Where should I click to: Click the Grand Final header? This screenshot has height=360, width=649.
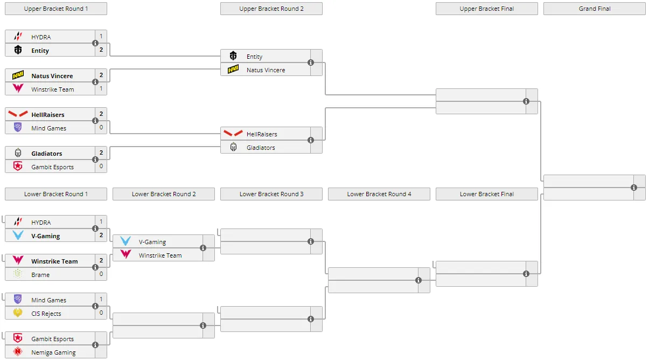pyautogui.click(x=594, y=9)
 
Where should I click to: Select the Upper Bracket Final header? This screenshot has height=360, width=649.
pyautogui.click(x=487, y=9)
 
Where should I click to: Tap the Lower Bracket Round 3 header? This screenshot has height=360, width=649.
pyautogui.click(x=271, y=194)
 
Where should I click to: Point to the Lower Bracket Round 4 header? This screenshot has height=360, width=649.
pyautogui.click(x=379, y=194)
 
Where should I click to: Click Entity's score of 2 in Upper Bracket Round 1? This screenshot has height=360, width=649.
pyautogui.click(x=101, y=50)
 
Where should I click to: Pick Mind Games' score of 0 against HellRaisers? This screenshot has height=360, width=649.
pyautogui.click(x=101, y=127)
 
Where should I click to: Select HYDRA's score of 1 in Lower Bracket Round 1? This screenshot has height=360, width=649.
pyautogui.click(x=101, y=221)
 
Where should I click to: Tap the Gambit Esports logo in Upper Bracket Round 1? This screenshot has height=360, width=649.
pyautogui.click(x=18, y=167)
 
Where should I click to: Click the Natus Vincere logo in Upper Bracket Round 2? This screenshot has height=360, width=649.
pyautogui.click(x=233, y=70)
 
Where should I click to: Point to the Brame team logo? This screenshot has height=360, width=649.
pyautogui.click(x=18, y=274)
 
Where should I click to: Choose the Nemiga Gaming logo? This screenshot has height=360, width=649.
pyautogui.click(x=18, y=351)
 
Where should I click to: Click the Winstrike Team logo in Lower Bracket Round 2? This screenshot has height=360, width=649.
pyautogui.click(x=125, y=254)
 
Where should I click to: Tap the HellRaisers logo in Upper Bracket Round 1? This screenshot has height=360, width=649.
pyautogui.click(x=18, y=114)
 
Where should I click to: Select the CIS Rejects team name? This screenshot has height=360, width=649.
pyautogui.click(x=46, y=314)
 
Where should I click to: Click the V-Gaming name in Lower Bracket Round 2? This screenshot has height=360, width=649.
pyautogui.click(x=152, y=242)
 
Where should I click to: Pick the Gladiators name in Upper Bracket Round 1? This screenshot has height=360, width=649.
pyautogui.click(x=47, y=154)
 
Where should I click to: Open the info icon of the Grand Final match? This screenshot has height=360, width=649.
pyautogui.click(x=634, y=188)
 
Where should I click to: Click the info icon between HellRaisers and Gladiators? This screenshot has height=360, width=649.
pyautogui.click(x=311, y=140)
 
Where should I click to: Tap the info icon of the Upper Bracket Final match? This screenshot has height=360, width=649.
pyautogui.click(x=526, y=101)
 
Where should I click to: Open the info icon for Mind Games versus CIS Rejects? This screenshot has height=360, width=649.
pyautogui.click(x=95, y=306)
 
